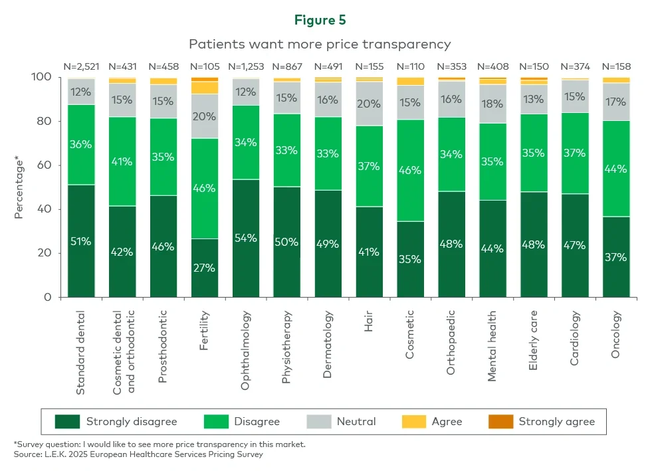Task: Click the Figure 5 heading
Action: click(320, 20)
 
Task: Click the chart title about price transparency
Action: click(320, 44)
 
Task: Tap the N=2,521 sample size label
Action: click(81, 66)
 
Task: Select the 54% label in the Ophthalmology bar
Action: click(246, 238)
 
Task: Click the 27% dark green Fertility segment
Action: click(205, 267)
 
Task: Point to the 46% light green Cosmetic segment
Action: click(410, 170)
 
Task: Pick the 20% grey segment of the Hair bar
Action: click(369, 104)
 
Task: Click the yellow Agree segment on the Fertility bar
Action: click(205, 88)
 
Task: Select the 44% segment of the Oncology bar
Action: click(615, 169)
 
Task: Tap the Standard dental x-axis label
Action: click(81, 351)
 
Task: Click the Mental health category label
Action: click(492, 345)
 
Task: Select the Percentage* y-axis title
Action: click(19, 187)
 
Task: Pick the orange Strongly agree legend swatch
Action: click(500, 422)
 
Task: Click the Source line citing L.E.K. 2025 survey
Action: click(138, 454)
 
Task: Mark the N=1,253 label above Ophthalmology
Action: click(246, 66)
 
